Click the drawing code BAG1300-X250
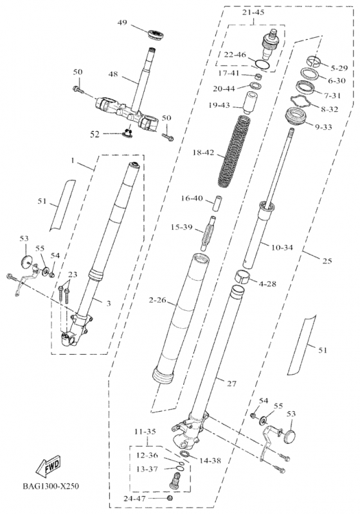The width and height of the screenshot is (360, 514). coord(51,486)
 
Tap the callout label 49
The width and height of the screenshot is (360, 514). coord(122,22)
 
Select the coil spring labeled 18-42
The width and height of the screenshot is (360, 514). coord(235,152)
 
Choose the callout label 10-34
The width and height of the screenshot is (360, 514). coord(282,247)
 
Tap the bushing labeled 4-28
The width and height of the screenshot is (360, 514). coord(243,276)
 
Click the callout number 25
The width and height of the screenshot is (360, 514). coord(327,261)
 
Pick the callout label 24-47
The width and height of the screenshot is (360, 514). coord(134,499)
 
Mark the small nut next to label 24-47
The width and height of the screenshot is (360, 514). coord(170,499)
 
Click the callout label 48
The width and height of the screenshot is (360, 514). coord(113,75)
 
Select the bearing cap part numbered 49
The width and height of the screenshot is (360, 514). coord(156,34)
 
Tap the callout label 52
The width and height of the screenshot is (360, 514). coord(94,134)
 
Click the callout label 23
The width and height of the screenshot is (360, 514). coord(73,274)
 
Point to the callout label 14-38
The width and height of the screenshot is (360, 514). coord(210,461)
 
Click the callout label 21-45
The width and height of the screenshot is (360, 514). coord(253,13)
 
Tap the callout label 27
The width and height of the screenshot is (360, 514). coord(231,383)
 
